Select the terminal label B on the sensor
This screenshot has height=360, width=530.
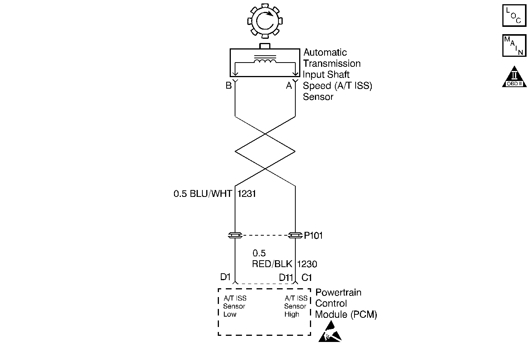pos(229,86)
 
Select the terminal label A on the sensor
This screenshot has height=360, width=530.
pos(289,86)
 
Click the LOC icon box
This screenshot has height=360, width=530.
pos(514,16)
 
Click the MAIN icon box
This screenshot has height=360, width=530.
pos(514,46)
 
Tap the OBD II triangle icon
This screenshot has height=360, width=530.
pos(515,77)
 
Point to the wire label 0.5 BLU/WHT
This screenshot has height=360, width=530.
pos(203,194)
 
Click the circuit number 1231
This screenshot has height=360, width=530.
pos(247,194)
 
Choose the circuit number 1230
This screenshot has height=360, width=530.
pos(307,264)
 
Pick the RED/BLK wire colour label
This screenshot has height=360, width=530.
pos(272,264)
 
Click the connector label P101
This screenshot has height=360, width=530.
pos(313,236)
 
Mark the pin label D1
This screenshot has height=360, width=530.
pos(225,277)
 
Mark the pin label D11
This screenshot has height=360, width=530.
pos(286,277)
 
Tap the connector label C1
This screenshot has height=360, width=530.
pos(306,277)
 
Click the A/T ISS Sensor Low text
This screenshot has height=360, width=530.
pos(235,306)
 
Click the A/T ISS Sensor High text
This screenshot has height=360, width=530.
pos(296,306)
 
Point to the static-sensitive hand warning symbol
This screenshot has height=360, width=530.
pos(330,332)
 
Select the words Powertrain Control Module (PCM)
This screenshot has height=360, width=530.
pos(346,304)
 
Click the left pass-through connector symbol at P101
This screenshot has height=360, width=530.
pos(235,235)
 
